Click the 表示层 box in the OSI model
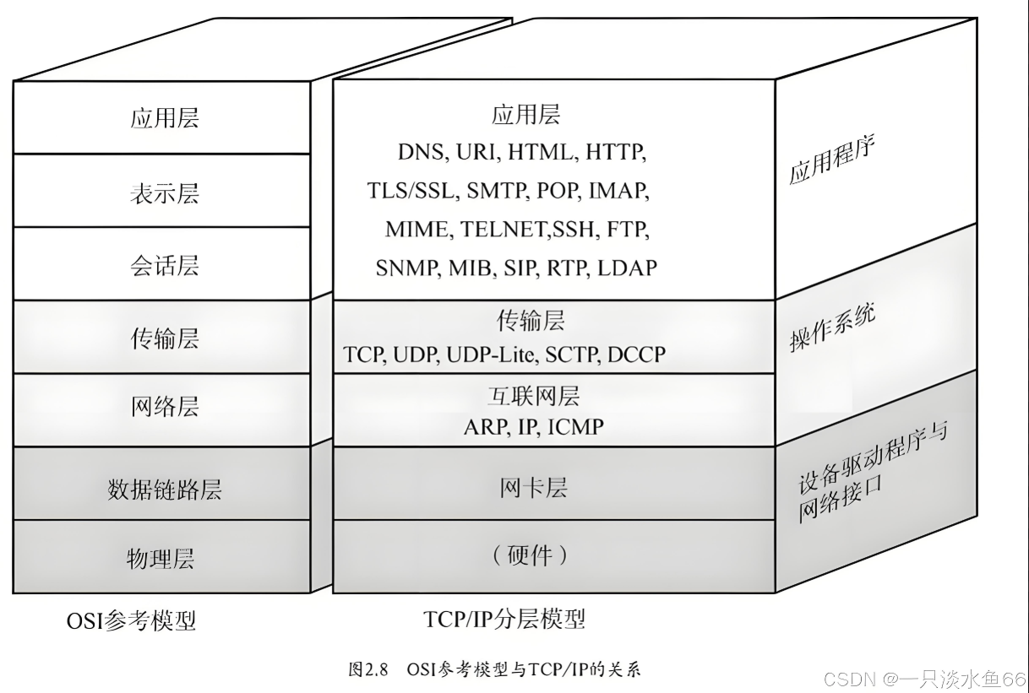pyautogui.click(x=164, y=193)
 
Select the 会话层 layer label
pyautogui.click(x=164, y=266)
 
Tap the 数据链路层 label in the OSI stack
pyautogui.click(x=164, y=490)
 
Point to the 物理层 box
pyautogui.click(x=161, y=558)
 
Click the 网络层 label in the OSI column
pyautogui.click(x=164, y=407)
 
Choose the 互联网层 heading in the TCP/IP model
pyautogui.click(x=533, y=395)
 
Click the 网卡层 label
pyautogui.click(x=533, y=488)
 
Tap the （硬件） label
pyautogui.click(x=530, y=555)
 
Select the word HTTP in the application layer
pyautogui.click(x=615, y=153)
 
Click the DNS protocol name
pyautogui.click(x=421, y=153)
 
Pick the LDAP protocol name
pyautogui.click(x=627, y=268)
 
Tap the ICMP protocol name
pyautogui.click(x=575, y=426)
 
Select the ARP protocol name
pyautogui.click(x=483, y=426)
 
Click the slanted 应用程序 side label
pyautogui.click(x=831, y=160)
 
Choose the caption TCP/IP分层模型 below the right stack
pyautogui.click(x=504, y=620)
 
